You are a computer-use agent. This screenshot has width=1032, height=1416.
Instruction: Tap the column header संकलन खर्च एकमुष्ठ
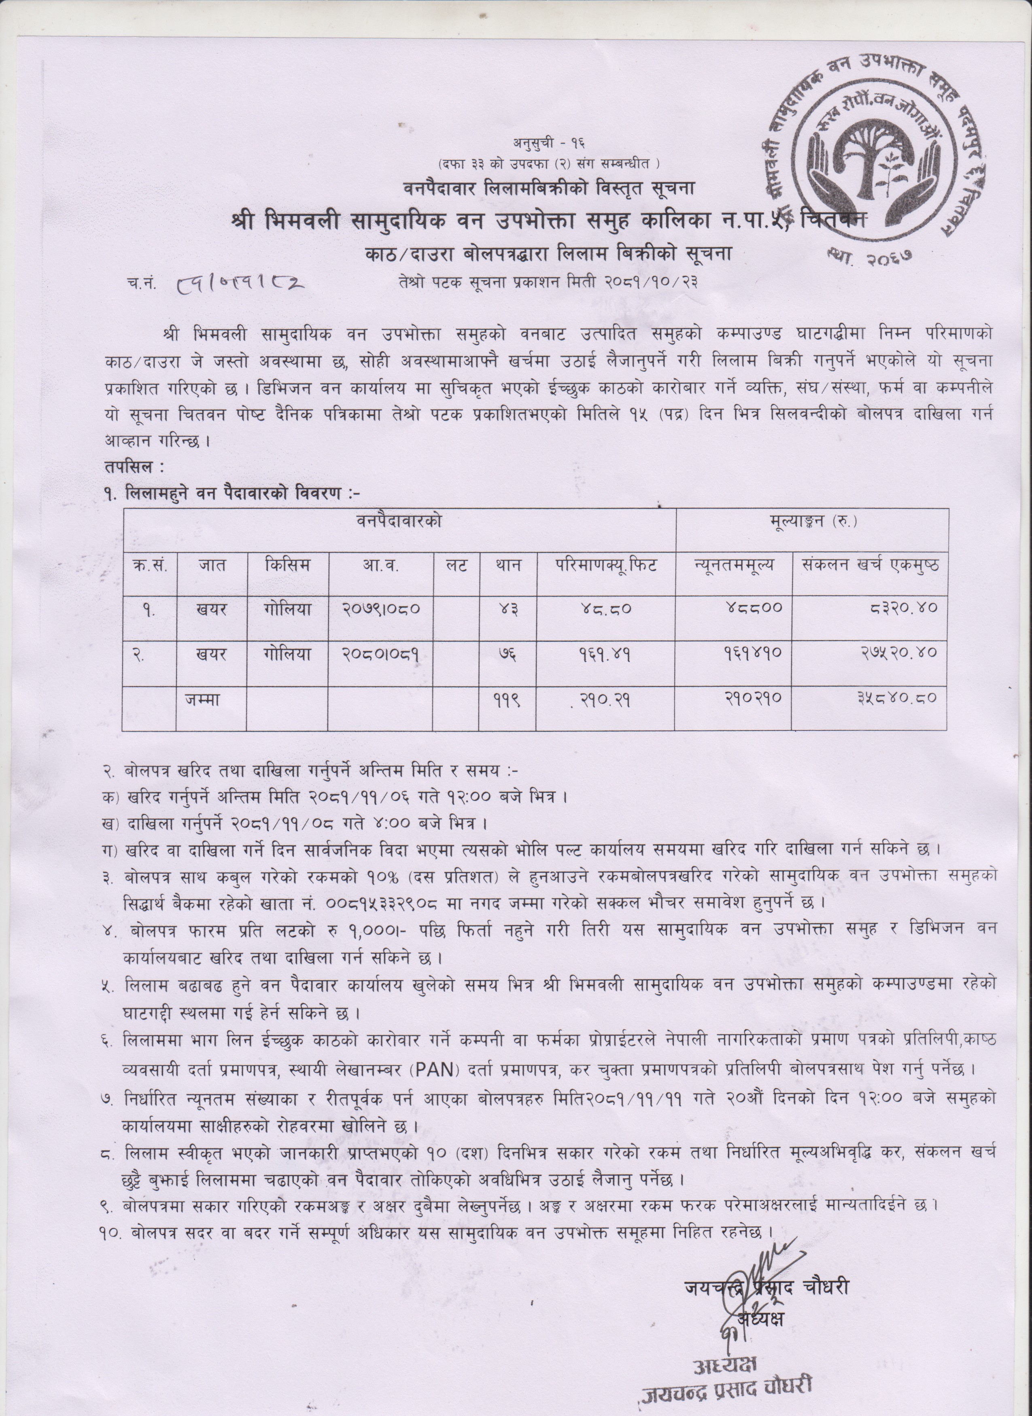click(x=870, y=566)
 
